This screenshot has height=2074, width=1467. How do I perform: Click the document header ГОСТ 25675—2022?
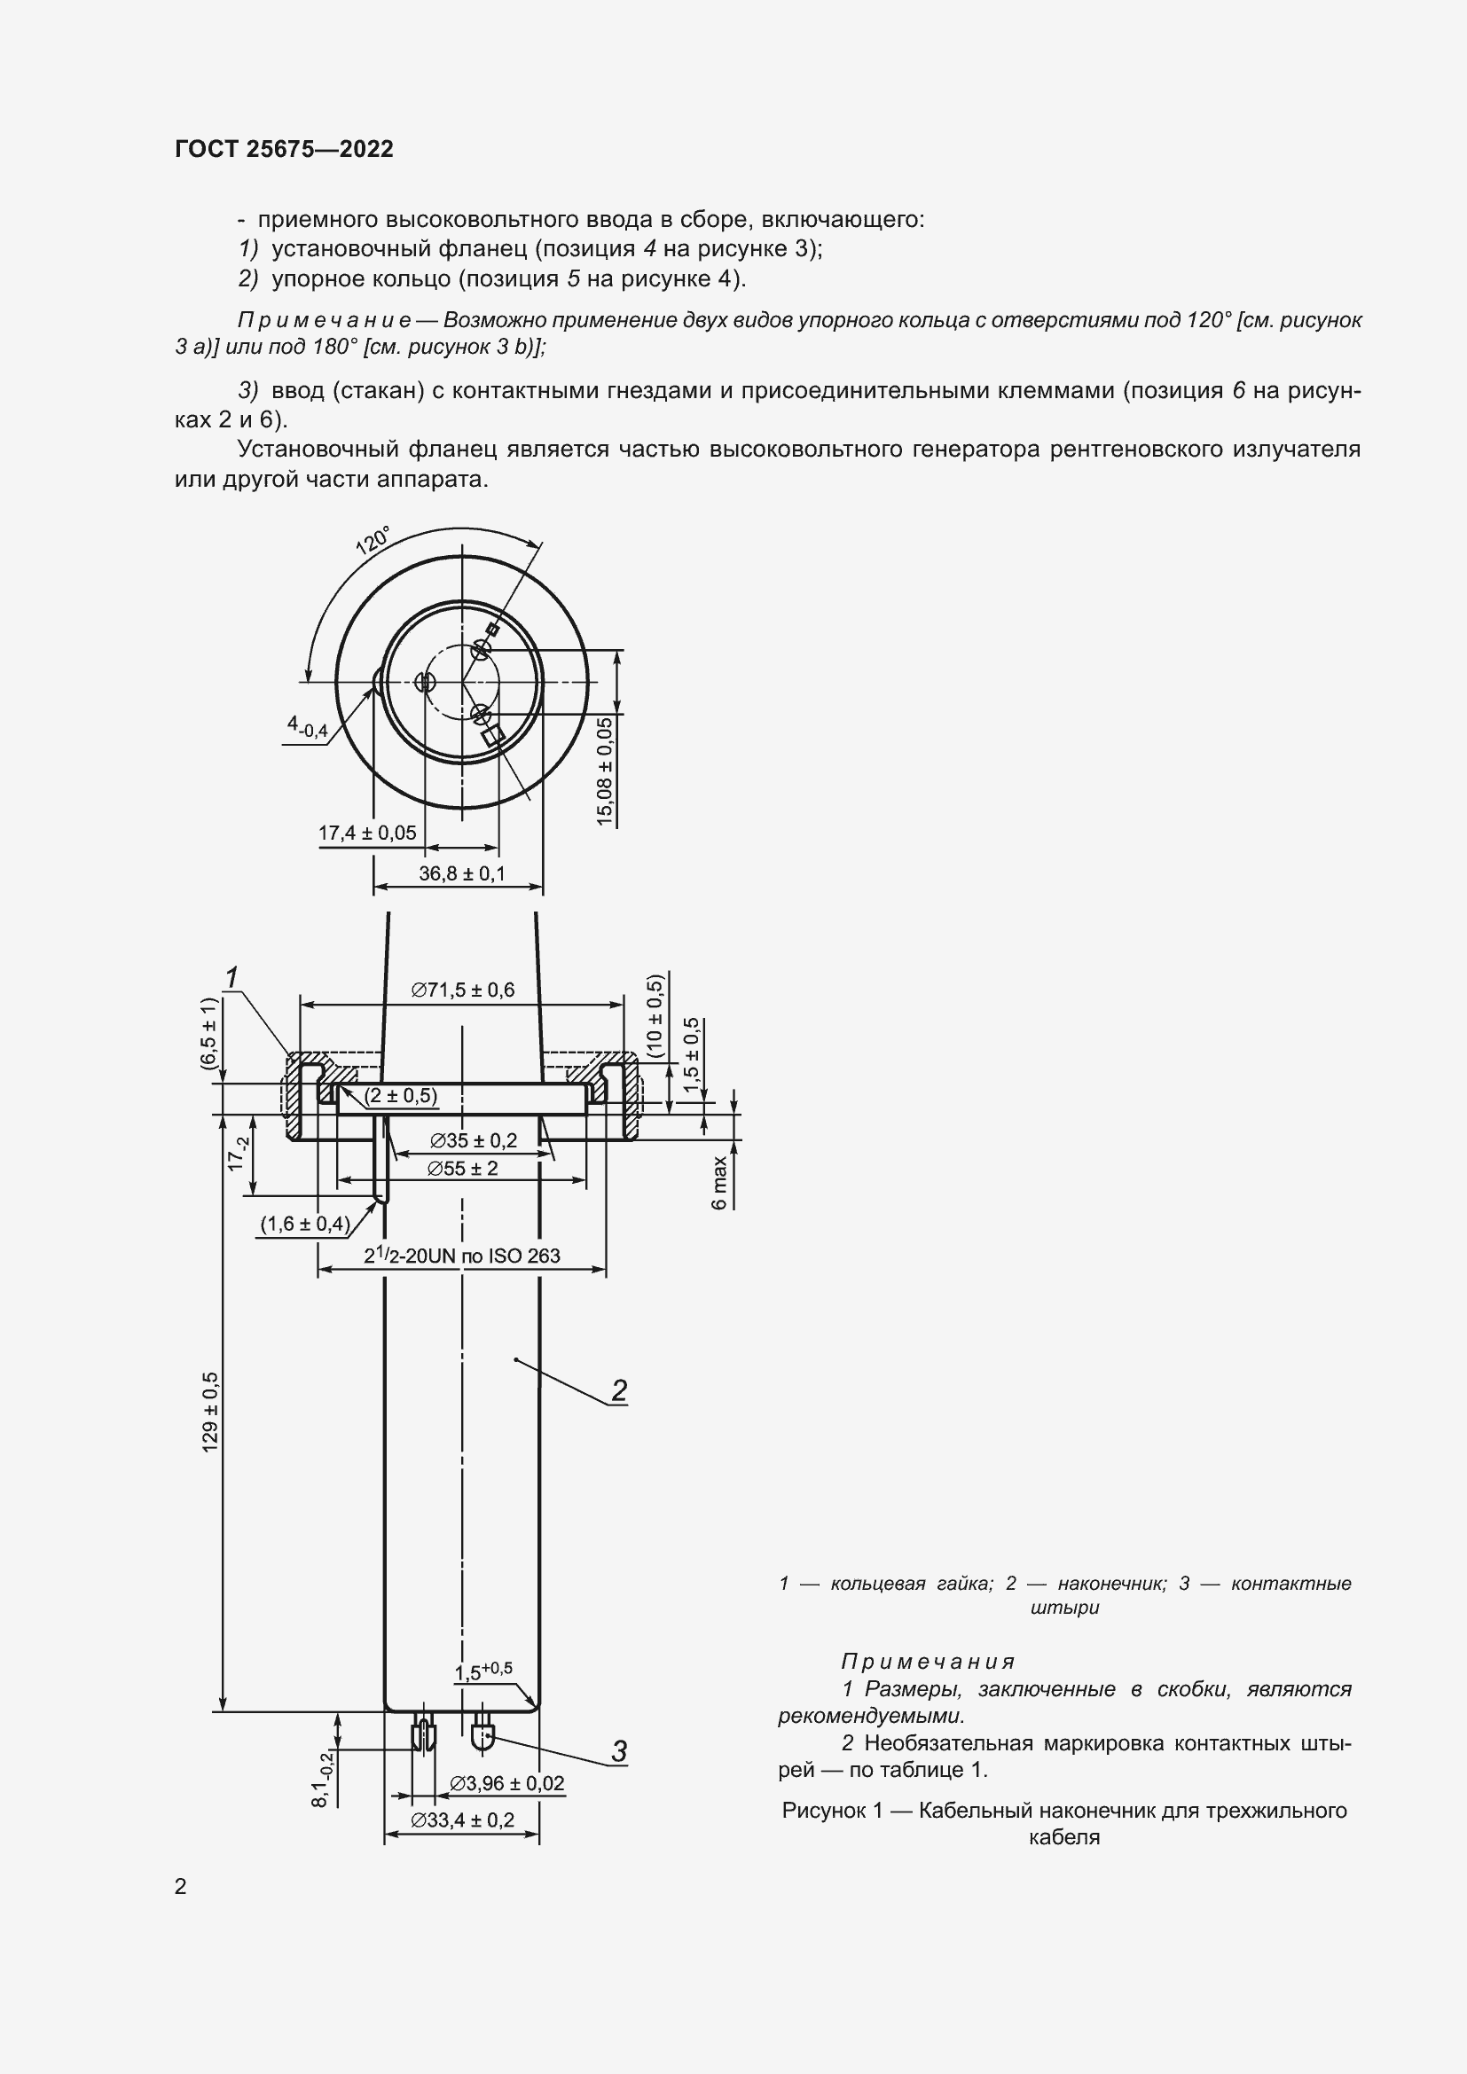click(284, 149)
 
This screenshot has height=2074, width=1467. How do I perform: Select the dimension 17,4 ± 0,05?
click(367, 833)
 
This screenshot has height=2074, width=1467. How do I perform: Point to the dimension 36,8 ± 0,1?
click(461, 873)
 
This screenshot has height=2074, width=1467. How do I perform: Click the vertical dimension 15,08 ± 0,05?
click(604, 770)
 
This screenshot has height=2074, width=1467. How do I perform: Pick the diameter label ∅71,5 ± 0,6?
click(462, 990)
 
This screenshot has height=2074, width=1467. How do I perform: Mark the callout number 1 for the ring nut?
click(231, 977)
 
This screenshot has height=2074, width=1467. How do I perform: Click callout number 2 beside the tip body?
click(619, 1390)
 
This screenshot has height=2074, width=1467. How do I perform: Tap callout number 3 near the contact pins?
click(619, 1751)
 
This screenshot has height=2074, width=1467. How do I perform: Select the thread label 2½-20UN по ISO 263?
click(461, 1256)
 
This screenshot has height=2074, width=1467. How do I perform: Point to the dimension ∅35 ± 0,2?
click(474, 1140)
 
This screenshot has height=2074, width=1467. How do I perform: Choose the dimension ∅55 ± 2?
click(462, 1168)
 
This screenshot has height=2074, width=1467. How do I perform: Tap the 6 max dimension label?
click(720, 1183)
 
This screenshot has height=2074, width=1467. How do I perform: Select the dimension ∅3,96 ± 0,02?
click(506, 1783)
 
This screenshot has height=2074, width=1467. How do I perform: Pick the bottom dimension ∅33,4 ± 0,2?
click(461, 1820)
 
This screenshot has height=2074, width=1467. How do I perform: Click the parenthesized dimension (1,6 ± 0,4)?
click(304, 1224)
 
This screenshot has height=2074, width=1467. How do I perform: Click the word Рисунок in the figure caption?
click(825, 1811)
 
